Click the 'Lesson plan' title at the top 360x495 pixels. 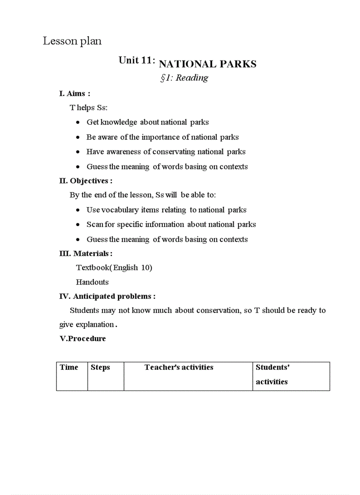(x=72, y=41)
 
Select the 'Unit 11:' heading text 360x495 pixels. (x=136, y=60)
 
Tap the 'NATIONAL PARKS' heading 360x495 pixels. (x=207, y=64)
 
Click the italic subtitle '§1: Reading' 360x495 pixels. (x=184, y=78)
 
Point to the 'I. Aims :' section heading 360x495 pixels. (x=75, y=93)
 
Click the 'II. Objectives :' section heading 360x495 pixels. (x=86, y=181)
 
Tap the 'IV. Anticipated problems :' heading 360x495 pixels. (x=107, y=296)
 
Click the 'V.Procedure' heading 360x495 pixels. (x=82, y=339)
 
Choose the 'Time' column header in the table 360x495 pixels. (x=69, y=367)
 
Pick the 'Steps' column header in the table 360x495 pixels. (x=100, y=367)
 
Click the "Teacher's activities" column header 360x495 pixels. (x=179, y=367)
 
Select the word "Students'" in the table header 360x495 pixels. (x=272, y=367)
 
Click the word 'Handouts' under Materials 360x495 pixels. (x=92, y=282)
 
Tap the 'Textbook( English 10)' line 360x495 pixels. (x=114, y=268)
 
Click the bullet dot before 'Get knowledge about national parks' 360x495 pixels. (x=78, y=123)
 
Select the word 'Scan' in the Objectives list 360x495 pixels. (x=94, y=224)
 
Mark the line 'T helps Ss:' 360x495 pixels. (x=88, y=108)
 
